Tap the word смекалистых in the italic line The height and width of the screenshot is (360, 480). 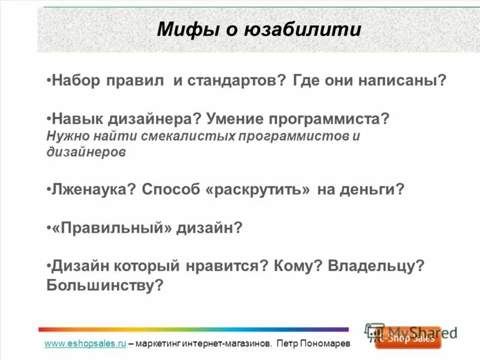188,136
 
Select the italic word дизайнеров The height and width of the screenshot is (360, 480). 86,152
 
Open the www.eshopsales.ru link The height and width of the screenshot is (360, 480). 85,344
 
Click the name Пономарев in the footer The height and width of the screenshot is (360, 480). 324,344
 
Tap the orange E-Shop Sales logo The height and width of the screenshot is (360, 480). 409,338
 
